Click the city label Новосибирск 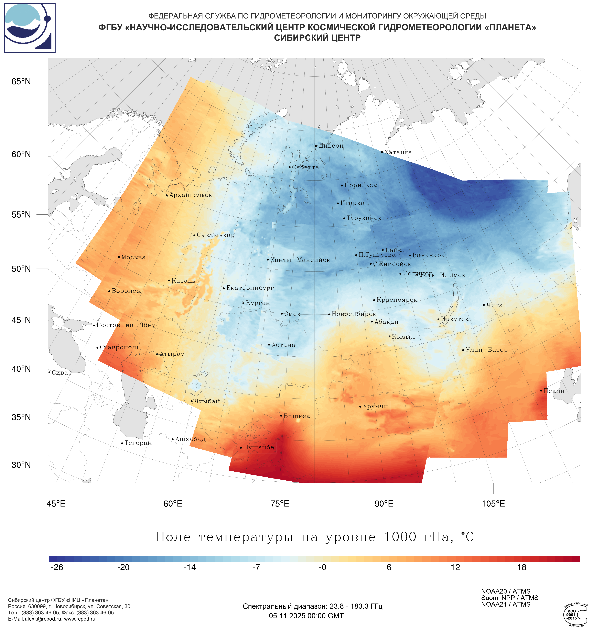click(x=354, y=314)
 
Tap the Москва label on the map click(x=133, y=257)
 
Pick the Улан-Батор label click(x=487, y=350)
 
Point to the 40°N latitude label click(x=21, y=369)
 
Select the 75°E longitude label click(x=280, y=504)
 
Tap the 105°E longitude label click(x=493, y=504)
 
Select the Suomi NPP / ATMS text click(x=509, y=598)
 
